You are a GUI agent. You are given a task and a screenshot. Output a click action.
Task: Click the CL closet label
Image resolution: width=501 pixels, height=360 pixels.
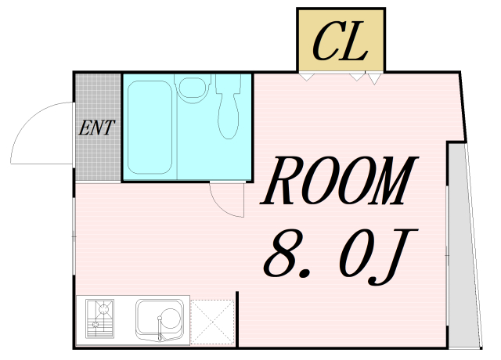click(x=341, y=42)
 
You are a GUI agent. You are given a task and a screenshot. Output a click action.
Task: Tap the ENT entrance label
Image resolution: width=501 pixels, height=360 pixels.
click(x=98, y=128)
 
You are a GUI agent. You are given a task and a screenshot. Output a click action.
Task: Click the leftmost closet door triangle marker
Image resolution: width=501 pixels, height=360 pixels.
click(x=305, y=77)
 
